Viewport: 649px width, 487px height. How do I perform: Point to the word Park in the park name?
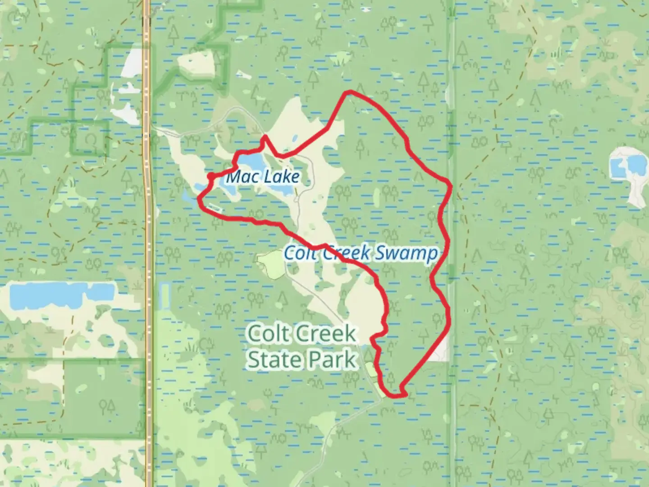click(332, 360)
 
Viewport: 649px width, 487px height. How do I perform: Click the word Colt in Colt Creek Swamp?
click(299, 253)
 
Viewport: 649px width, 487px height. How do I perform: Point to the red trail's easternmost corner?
click(450, 184)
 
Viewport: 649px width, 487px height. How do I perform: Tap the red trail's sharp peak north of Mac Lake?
click(265, 136)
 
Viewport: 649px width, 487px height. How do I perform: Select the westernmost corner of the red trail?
click(199, 197)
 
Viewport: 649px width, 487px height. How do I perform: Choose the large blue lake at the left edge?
click(59, 295)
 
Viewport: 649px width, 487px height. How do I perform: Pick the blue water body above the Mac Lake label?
click(251, 161)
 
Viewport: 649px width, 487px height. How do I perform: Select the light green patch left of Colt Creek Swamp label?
click(270, 264)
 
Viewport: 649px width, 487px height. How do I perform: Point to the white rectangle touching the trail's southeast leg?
click(440, 350)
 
